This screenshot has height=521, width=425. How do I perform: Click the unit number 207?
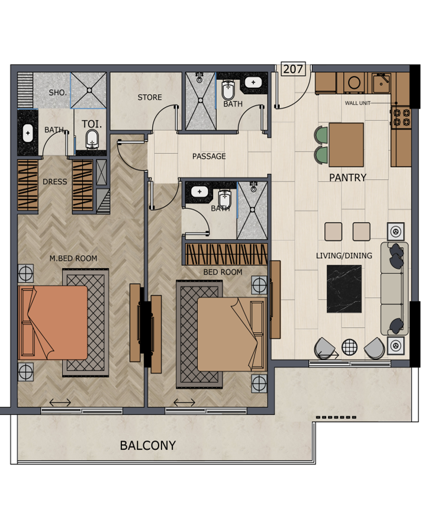click(x=293, y=69)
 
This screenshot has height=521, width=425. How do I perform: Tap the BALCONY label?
click(x=148, y=445)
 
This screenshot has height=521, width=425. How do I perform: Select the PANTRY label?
click(x=347, y=178)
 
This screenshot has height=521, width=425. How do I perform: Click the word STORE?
click(x=150, y=97)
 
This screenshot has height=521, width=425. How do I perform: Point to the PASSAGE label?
click(x=209, y=156)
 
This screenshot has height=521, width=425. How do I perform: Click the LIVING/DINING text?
click(x=344, y=256)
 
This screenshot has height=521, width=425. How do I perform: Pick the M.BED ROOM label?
click(x=73, y=258)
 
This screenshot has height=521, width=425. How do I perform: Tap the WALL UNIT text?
click(x=358, y=103)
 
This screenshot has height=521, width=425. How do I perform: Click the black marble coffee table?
click(x=344, y=289)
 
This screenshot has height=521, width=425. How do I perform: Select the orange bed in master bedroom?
click(x=53, y=322)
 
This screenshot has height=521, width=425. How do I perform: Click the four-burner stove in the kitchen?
click(x=401, y=118)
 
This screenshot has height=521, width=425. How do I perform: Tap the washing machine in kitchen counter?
click(x=354, y=83)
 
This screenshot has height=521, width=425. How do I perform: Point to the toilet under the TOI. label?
click(x=92, y=139)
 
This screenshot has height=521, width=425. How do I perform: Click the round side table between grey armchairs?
click(x=349, y=347)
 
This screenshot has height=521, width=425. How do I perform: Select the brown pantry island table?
click(x=346, y=144)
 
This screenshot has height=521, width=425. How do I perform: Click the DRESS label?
click(x=55, y=182)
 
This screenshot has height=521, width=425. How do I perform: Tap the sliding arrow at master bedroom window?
click(x=60, y=403)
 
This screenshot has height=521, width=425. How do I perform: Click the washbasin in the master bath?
click(x=28, y=133)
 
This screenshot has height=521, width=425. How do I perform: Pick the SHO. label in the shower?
click(x=57, y=93)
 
